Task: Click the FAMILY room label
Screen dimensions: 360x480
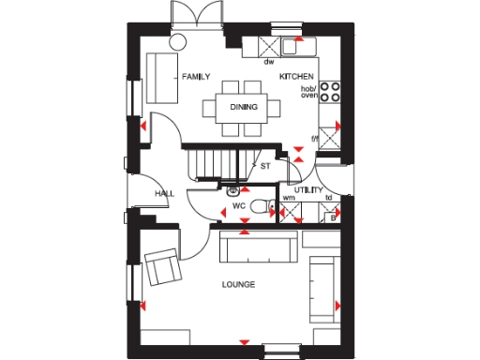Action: click(196, 77)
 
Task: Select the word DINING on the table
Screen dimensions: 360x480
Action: click(244, 107)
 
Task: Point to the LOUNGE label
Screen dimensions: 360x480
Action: click(239, 284)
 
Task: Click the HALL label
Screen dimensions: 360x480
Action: click(165, 193)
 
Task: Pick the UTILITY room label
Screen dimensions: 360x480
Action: click(309, 188)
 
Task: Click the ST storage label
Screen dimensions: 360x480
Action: click(265, 166)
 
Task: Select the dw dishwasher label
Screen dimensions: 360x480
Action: click(267, 62)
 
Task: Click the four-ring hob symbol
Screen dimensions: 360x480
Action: click(330, 91)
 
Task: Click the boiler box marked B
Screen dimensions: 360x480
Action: click(332, 217)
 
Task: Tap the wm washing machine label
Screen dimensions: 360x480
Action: click(289, 199)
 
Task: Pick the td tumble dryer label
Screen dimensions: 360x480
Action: click(329, 199)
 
